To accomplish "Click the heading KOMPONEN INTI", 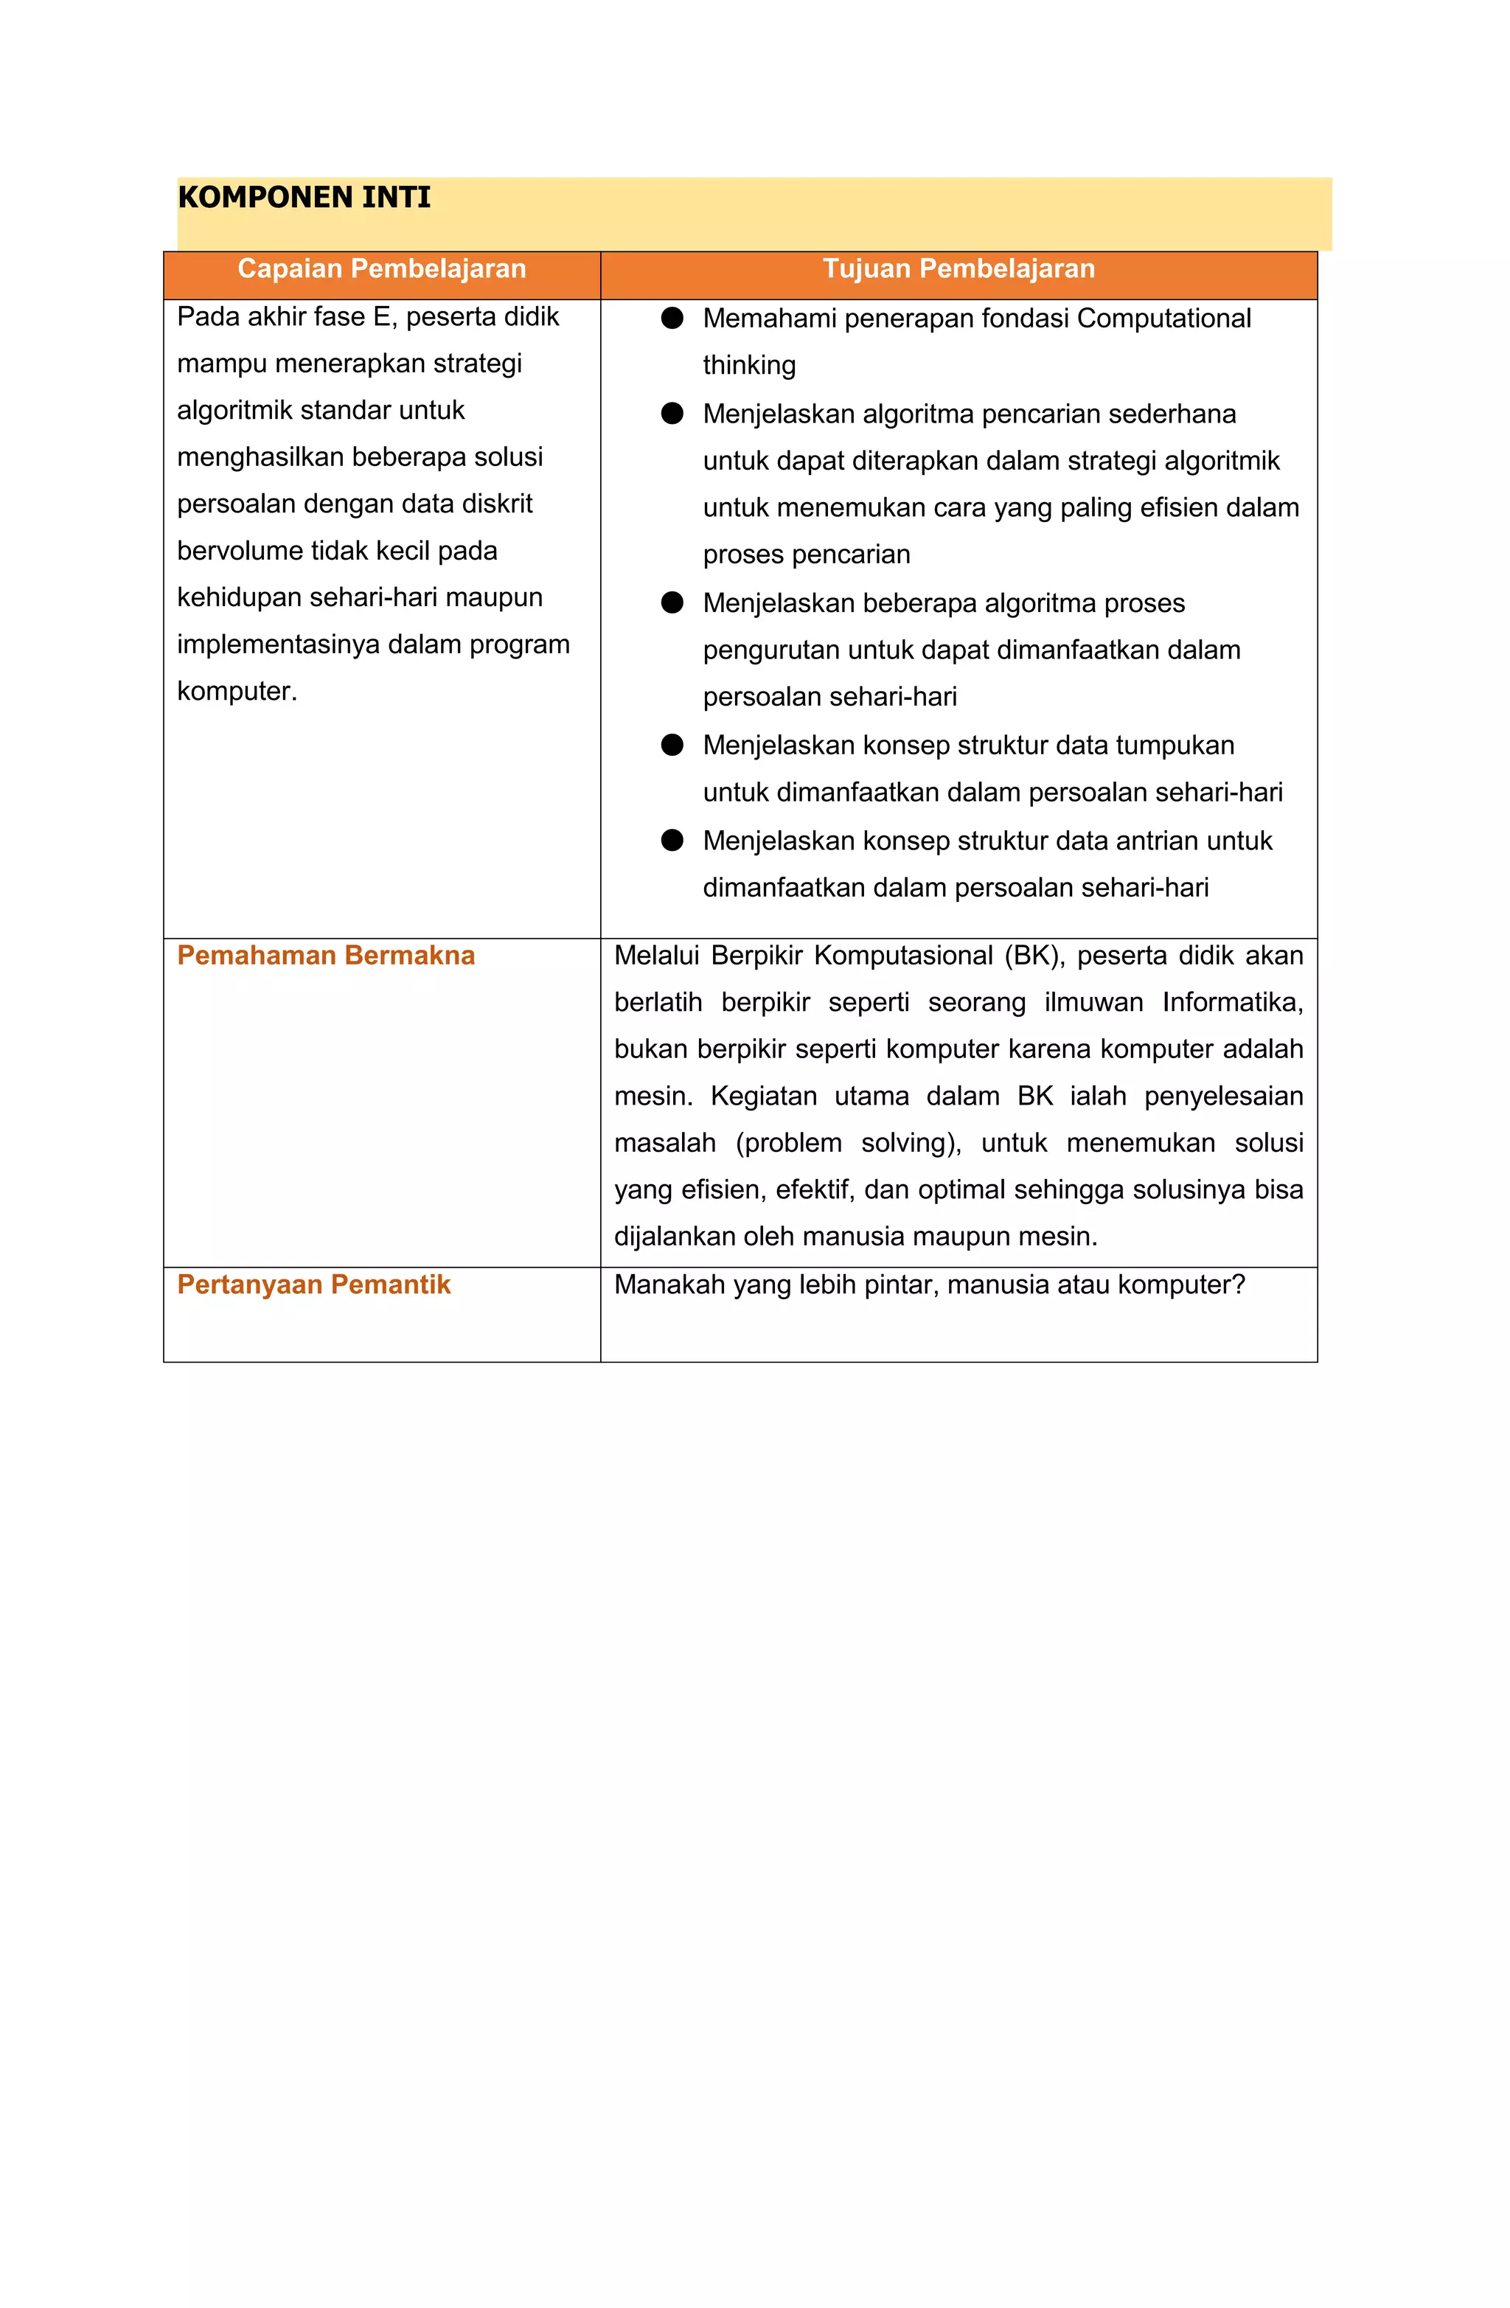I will tap(304, 198).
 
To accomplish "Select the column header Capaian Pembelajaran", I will tap(381, 268).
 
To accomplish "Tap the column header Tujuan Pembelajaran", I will tap(958, 268).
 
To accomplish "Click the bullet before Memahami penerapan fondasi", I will tap(672, 318).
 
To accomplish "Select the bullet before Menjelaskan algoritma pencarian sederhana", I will tap(672, 413).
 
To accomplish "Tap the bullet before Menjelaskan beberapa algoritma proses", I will tap(672, 602).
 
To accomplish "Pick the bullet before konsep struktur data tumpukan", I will tap(672, 745).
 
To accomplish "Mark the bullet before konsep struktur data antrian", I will tap(672, 840).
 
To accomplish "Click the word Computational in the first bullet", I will tap(1163, 318).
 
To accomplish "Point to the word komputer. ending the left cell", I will tap(237, 692).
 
